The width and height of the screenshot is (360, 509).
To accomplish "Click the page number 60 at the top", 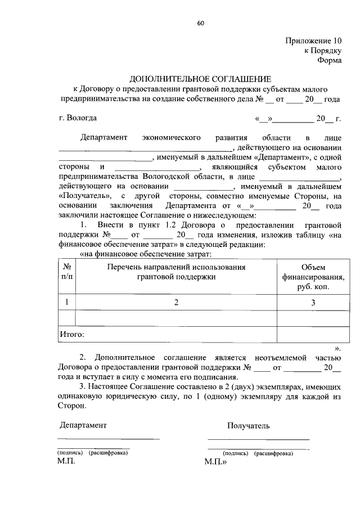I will [200, 23].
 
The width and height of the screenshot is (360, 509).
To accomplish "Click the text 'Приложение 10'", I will [313, 41].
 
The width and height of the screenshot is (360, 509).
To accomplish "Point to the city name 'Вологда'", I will [82, 118].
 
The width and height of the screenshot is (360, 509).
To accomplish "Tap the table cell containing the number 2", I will [175, 303].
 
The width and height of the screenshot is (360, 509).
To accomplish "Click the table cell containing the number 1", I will [66, 303].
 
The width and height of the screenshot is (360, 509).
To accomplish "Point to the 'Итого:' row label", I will [72, 335].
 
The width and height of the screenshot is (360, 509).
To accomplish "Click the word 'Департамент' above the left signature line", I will [82, 425].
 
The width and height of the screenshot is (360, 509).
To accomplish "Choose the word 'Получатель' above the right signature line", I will [249, 426].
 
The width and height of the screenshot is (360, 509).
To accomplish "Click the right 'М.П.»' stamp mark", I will [215, 462].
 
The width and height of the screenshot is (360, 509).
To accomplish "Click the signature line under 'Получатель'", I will [258, 439].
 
